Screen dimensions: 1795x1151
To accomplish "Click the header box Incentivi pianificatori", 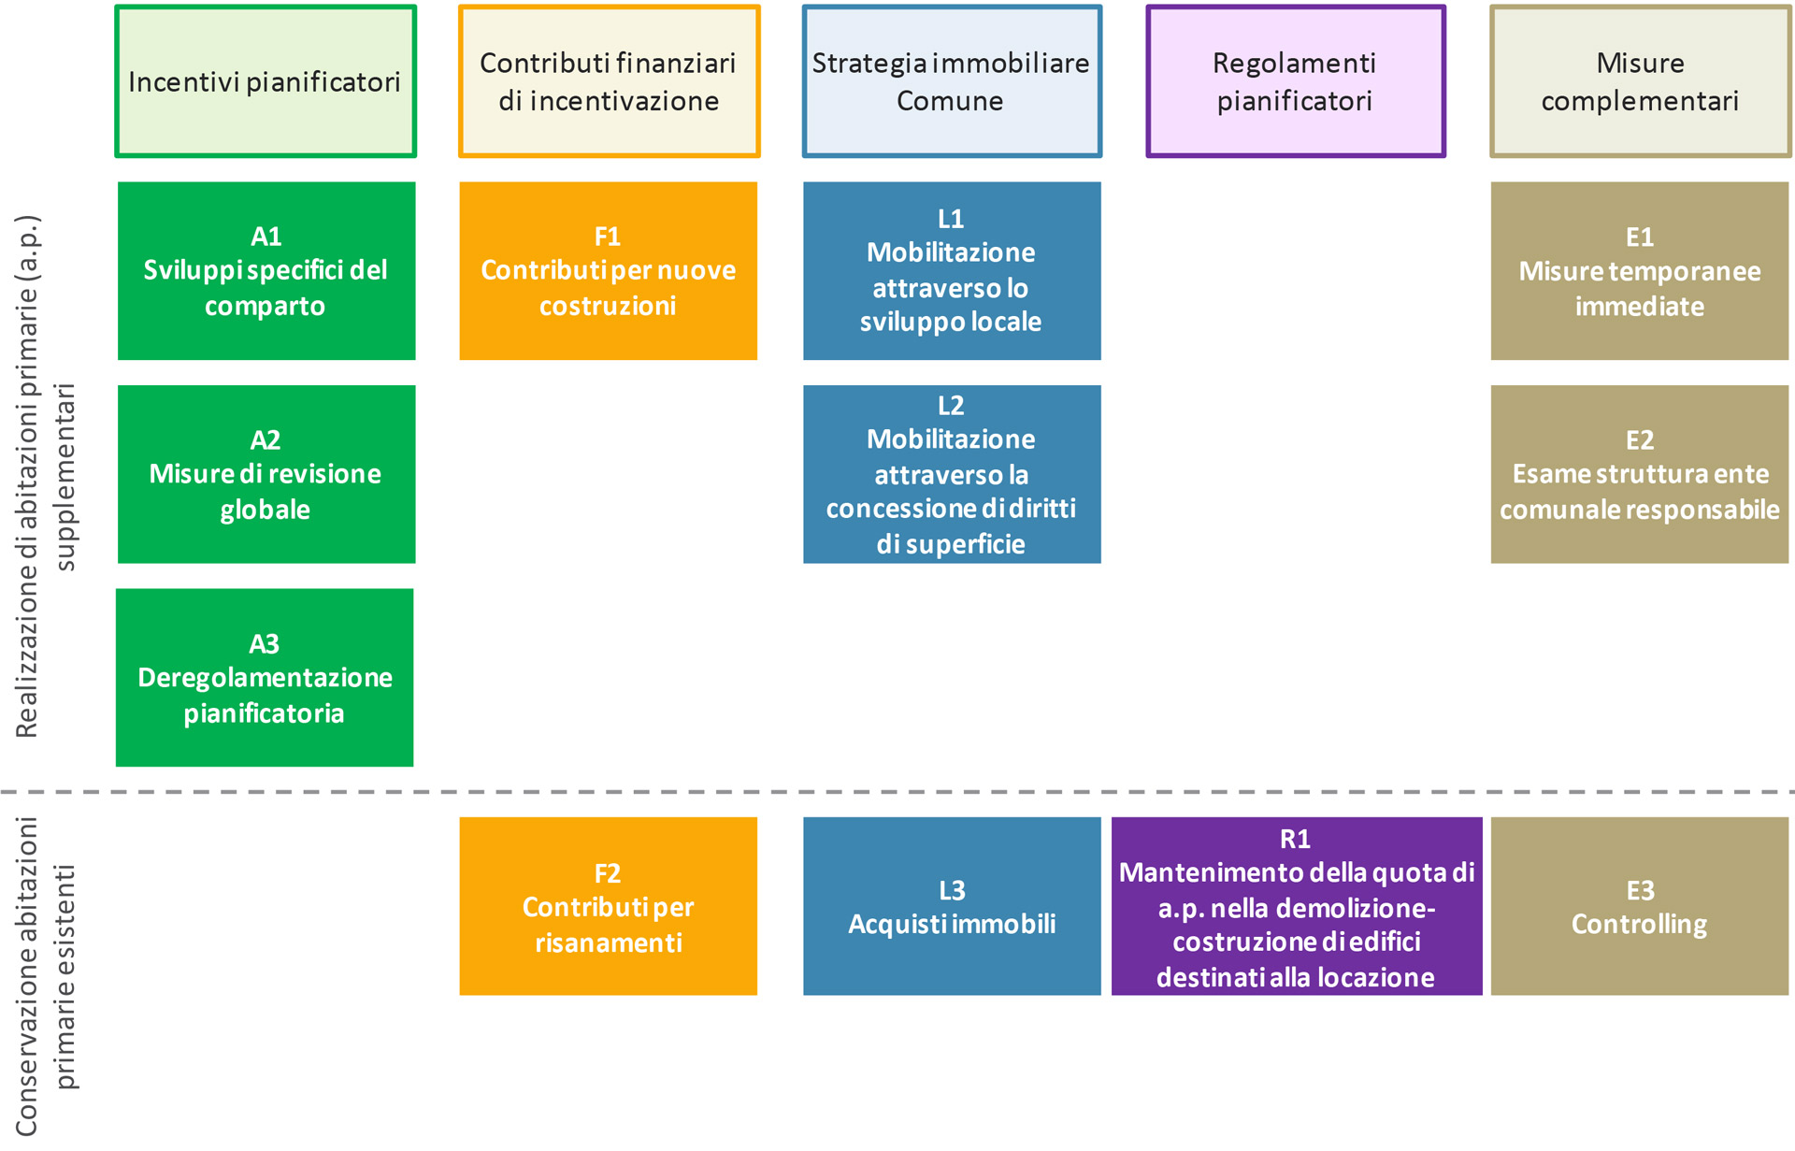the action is (266, 81).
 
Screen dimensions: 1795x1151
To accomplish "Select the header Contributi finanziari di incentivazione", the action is (609, 81).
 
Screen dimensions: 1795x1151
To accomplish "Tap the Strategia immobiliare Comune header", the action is (952, 81).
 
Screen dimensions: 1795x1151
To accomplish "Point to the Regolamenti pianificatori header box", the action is (1296, 81).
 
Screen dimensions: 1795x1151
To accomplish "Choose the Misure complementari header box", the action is (1640, 81).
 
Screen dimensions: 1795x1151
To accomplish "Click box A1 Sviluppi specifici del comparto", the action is (266, 271).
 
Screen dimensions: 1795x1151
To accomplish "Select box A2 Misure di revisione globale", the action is (266, 474).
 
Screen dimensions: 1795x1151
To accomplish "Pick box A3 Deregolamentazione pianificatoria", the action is (265, 678).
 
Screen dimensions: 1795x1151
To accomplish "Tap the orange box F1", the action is (609, 271).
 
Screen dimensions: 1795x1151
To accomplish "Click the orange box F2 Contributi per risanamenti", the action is (609, 906).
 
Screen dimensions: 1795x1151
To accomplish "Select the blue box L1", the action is (952, 271).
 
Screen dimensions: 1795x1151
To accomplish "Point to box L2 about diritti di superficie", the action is (952, 474).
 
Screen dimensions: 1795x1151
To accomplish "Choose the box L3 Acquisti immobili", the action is (952, 906).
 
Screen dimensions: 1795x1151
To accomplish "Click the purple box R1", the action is (1297, 906).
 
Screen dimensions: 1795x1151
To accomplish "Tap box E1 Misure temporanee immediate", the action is (1640, 271).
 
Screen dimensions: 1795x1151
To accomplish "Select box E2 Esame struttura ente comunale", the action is (1640, 474).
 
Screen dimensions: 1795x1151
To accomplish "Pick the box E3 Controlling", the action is (1640, 906).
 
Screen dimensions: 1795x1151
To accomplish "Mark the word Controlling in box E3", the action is (1639, 925).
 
